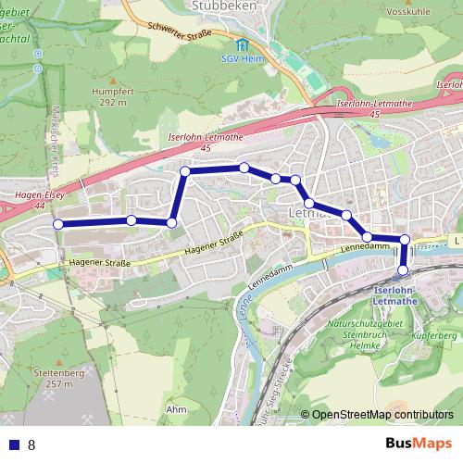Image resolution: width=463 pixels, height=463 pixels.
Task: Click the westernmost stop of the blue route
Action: point(57,224)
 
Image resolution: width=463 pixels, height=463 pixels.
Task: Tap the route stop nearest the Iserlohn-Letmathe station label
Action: point(403,270)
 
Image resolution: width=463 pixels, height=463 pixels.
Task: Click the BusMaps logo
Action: point(418,444)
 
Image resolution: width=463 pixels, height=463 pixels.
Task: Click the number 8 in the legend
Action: point(31,444)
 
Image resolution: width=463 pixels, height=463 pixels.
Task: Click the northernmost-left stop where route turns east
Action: point(185,171)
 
